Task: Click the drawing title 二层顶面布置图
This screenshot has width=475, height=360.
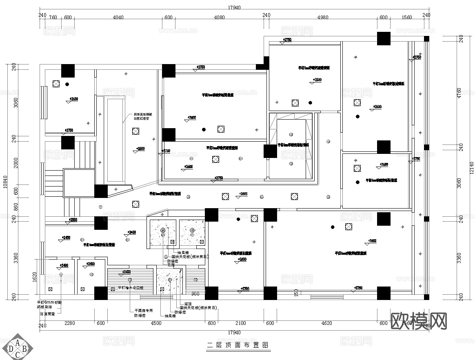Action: [x=237, y=345]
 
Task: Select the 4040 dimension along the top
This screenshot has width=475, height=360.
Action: [x=118, y=18]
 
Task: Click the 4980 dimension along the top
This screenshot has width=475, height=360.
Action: [x=322, y=18]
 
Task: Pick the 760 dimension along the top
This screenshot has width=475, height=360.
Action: [x=53, y=18]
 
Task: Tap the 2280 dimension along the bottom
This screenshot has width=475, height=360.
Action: [x=69, y=324]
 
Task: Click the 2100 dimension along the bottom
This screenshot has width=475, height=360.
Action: [x=241, y=324]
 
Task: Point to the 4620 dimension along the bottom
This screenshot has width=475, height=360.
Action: [x=326, y=324]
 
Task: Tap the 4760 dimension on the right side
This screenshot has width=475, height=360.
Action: [x=459, y=93]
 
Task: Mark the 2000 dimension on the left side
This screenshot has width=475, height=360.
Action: [x=16, y=163]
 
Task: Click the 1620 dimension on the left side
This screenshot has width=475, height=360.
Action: [x=35, y=277]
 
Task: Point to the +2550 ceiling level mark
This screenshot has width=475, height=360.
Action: [x=73, y=220]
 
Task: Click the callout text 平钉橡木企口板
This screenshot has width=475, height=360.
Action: [x=131, y=288]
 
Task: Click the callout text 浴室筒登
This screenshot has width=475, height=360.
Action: [x=47, y=314]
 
